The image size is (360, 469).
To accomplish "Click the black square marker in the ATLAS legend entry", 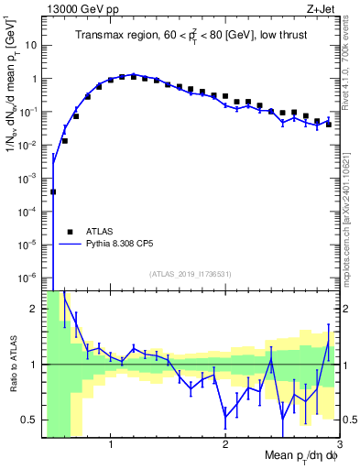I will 69,233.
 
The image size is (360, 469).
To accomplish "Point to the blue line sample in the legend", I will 70,245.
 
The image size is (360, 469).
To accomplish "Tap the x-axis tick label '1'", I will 111,444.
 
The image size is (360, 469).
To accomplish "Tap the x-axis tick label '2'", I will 225,444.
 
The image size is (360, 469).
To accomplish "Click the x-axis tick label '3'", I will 339,444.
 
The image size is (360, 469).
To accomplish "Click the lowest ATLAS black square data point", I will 53,192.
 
